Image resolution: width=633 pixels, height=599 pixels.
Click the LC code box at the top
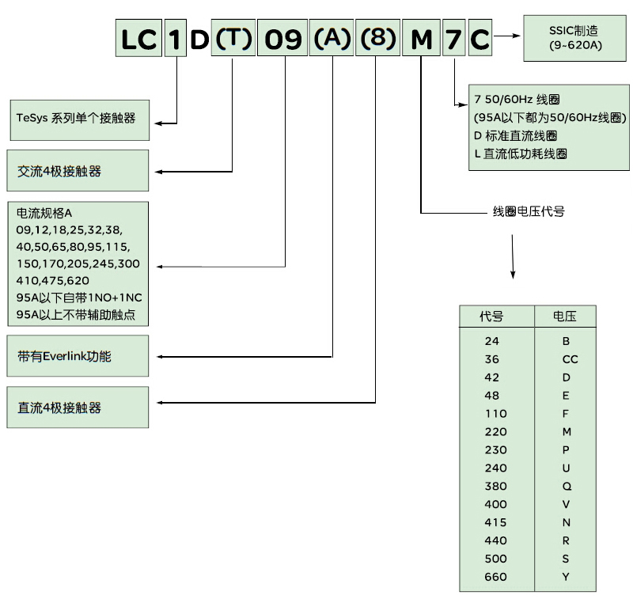click(x=138, y=38)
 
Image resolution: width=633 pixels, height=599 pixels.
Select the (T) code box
click(x=233, y=37)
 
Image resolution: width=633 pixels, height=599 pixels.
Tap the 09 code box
click(x=282, y=37)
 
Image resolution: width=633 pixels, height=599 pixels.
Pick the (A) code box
click(x=332, y=37)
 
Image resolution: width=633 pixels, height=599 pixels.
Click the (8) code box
click(x=378, y=37)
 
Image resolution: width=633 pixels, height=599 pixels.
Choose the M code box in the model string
click(x=421, y=37)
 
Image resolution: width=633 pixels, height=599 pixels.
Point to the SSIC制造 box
click(x=575, y=38)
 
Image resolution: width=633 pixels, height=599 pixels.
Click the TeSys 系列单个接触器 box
click(x=80, y=120)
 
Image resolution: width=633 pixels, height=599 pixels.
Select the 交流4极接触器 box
click(x=78, y=170)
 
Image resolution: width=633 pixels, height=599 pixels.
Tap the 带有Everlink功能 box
click(x=78, y=355)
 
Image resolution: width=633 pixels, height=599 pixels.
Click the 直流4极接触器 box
click(x=78, y=408)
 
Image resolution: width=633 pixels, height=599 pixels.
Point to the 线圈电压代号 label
click(x=529, y=211)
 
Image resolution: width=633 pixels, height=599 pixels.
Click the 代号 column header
click(x=491, y=316)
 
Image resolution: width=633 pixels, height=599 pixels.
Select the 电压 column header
click(x=565, y=316)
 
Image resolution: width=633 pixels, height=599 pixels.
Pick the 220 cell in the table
click(x=496, y=432)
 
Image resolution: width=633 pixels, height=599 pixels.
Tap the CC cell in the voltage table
click(x=570, y=359)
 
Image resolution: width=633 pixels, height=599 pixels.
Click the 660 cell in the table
click(x=496, y=577)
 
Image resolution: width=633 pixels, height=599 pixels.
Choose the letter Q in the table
click(x=567, y=487)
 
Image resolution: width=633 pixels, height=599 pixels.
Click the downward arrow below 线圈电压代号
click(x=513, y=256)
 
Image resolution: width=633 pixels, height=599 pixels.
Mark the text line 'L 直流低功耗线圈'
click(x=521, y=154)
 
